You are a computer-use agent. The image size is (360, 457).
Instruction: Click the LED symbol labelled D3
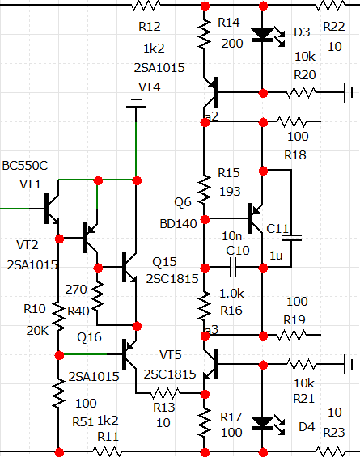click(x=266, y=36)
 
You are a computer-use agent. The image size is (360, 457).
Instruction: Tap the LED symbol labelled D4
click(x=266, y=424)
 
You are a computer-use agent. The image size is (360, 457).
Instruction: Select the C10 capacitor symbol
click(x=233, y=267)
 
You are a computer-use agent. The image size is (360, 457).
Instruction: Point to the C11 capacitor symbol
click(x=291, y=238)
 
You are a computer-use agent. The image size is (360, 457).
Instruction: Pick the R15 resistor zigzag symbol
click(x=205, y=189)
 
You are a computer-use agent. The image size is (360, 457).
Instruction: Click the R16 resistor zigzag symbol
click(x=205, y=305)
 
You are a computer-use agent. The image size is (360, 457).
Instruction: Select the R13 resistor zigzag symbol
click(x=165, y=393)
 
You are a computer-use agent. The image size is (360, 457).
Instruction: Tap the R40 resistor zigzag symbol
click(x=97, y=296)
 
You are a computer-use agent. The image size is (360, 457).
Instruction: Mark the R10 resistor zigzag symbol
click(x=58, y=316)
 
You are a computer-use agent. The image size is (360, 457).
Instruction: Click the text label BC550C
click(x=25, y=166)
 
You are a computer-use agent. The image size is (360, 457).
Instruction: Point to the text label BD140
click(x=179, y=224)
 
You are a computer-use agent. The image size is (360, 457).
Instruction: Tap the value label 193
click(x=230, y=192)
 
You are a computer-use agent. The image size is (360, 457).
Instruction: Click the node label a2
click(x=212, y=116)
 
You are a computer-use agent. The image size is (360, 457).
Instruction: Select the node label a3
click(x=212, y=330)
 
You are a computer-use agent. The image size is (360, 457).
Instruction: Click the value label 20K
click(x=37, y=331)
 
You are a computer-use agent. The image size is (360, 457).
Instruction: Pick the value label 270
click(x=76, y=289)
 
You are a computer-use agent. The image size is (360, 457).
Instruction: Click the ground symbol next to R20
click(x=349, y=93)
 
